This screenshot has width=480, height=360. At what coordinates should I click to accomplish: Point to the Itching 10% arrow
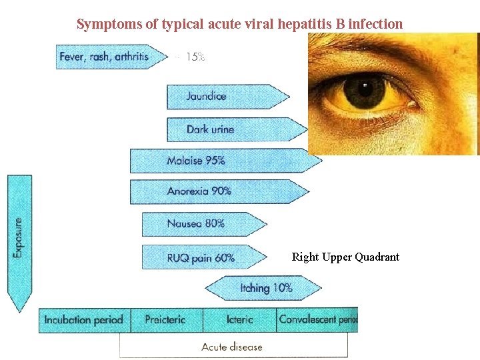click(263, 288)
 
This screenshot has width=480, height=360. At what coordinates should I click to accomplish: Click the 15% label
click(195, 57)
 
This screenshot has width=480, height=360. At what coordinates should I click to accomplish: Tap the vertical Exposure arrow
click(19, 240)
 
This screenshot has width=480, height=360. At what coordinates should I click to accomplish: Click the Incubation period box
click(84, 320)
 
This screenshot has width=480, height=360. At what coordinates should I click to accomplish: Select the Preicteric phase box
click(165, 320)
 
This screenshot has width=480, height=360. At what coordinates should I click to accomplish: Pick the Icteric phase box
click(239, 320)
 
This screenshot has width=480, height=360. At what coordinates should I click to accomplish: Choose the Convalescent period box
click(317, 320)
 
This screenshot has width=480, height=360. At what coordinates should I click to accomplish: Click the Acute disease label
click(232, 347)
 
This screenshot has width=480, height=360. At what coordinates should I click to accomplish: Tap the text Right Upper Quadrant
click(345, 257)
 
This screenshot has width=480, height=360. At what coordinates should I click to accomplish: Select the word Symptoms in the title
click(108, 25)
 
